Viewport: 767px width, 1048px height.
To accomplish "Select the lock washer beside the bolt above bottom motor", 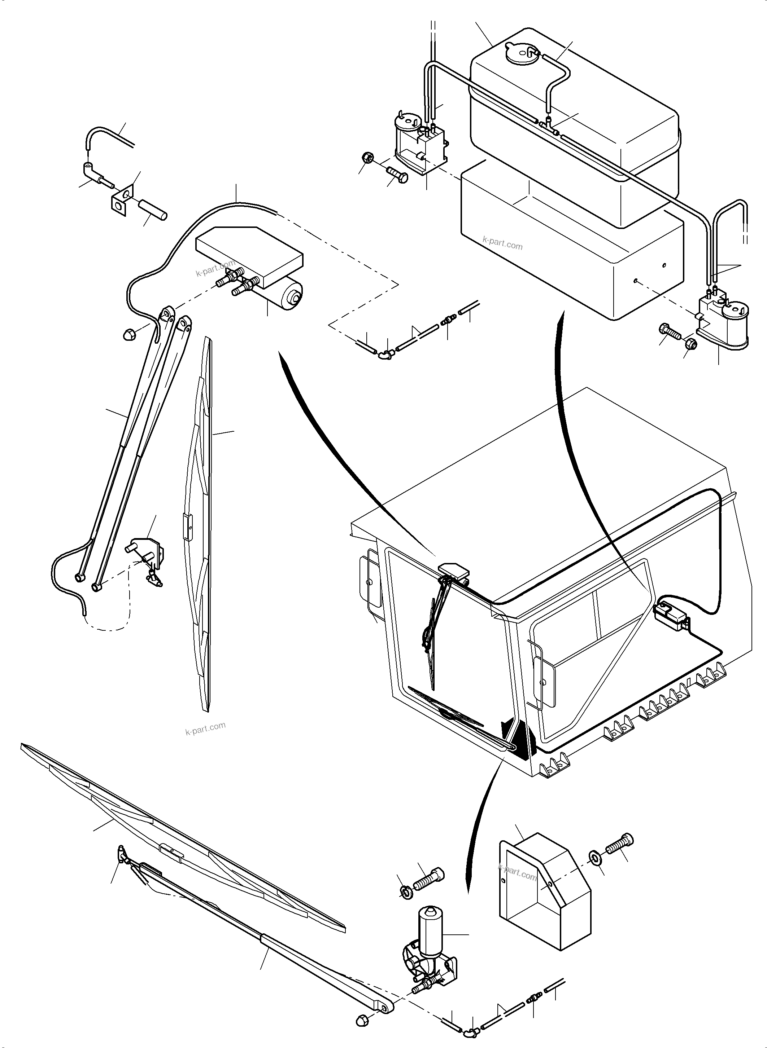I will point(405,891).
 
